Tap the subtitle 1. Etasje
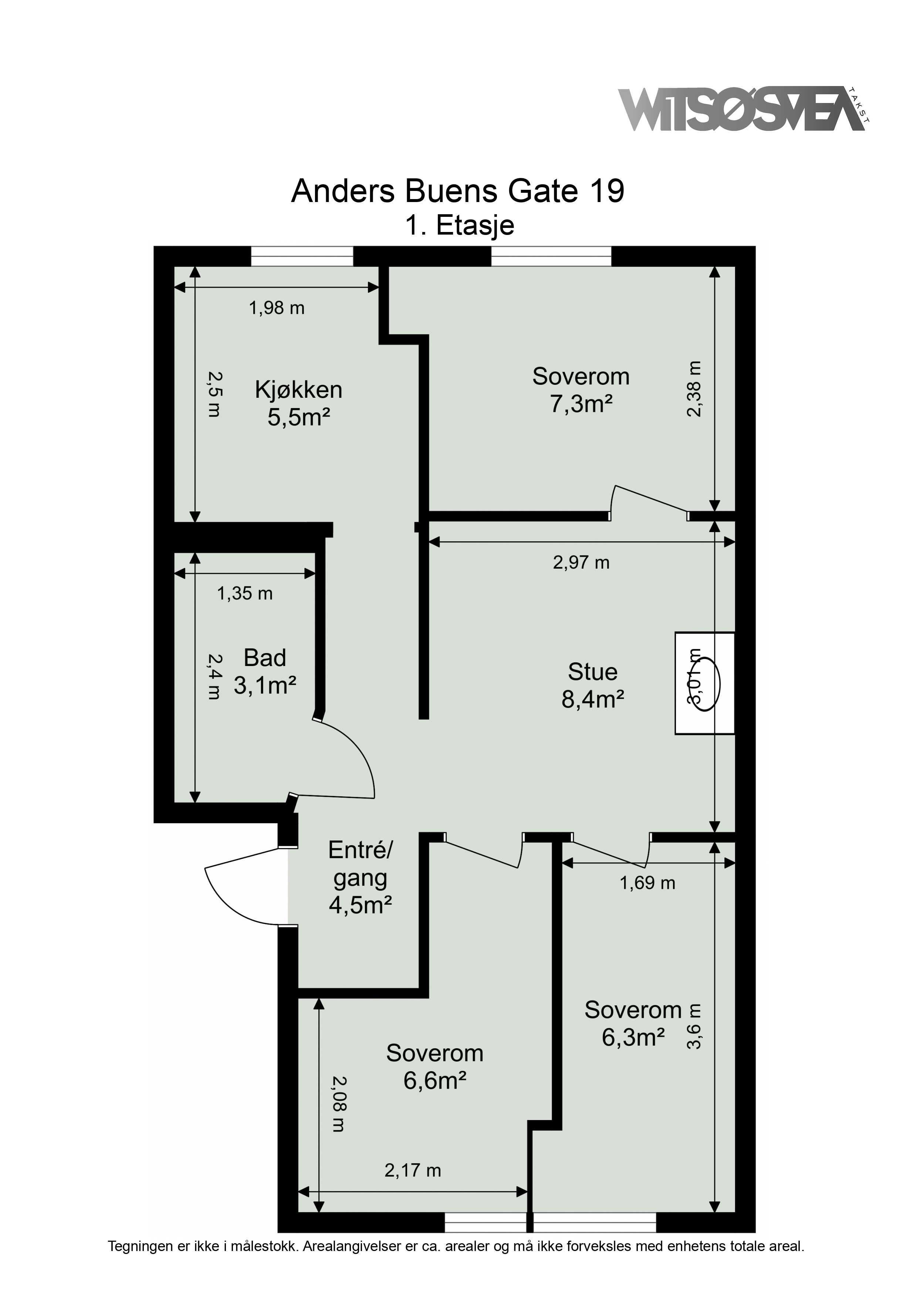(459, 226)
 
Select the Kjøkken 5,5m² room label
(298, 404)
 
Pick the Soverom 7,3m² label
(581, 390)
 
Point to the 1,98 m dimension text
(277, 308)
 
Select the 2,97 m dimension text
(581, 562)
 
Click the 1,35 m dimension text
(245, 593)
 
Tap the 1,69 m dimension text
(647, 883)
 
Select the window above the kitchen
(302, 256)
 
